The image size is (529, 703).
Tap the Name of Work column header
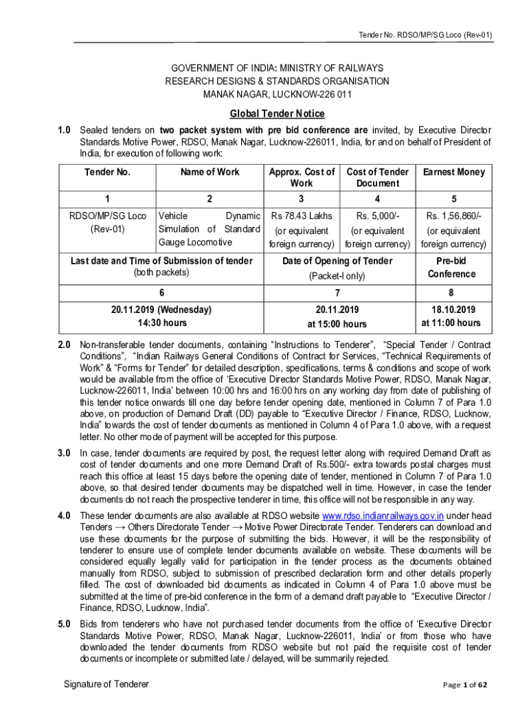click(210, 172)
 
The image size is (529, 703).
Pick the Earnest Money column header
click(453, 172)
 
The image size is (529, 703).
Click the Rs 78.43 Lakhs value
click(302, 216)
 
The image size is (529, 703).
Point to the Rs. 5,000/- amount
click(377, 216)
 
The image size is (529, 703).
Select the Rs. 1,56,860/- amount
click(453, 216)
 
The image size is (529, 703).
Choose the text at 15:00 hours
click(337, 324)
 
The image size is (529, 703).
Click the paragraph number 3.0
click(64, 453)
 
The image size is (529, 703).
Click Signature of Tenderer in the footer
click(106, 684)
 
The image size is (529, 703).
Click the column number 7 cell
click(337, 292)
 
